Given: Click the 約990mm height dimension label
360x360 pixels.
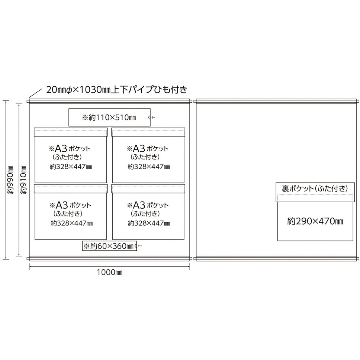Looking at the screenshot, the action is [x=10, y=180].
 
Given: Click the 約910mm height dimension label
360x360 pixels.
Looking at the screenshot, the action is [x=23, y=180].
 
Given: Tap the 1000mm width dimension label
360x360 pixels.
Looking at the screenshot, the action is [x=109, y=272].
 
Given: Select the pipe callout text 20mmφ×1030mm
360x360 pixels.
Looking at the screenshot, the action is [x=78, y=90].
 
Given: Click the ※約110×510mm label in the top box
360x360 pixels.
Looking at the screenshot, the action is [x=109, y=118].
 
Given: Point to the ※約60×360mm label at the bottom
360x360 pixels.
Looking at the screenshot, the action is [x=108, y=246].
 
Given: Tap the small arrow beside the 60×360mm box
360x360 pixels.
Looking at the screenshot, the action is [x=139, y=246].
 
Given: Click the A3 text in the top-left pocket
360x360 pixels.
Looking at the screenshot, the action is [x=61, y=148].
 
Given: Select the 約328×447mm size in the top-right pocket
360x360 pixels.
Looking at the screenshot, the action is [x=149, y=167].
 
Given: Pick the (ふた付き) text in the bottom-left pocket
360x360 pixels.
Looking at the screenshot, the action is [x=68, y=213].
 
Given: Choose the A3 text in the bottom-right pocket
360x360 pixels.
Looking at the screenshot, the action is [x=139, y=205].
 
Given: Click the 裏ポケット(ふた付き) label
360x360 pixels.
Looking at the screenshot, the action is [x=315, y=189].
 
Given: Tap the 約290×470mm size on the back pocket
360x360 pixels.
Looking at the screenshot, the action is [x=315, y=221].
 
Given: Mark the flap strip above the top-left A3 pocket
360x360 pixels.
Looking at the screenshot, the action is [x=71, y=132].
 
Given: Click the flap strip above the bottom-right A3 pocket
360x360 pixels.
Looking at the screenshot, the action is [x=148, y=189].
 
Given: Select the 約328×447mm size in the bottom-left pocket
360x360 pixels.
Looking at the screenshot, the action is [x=72, y=223].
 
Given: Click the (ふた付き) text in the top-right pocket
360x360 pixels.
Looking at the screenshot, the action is [x=145, y=157].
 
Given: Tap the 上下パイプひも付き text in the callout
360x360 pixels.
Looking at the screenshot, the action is [x=150, y=90].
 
